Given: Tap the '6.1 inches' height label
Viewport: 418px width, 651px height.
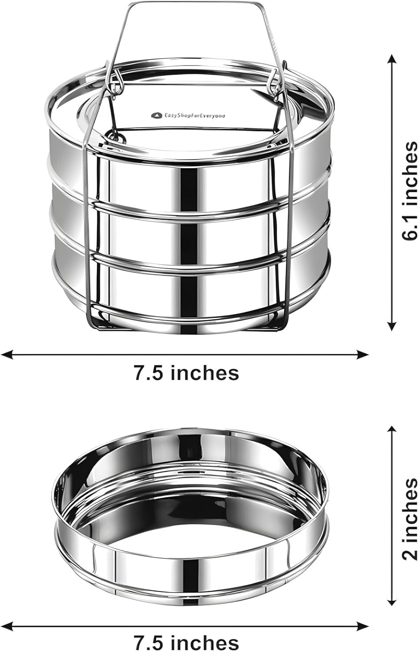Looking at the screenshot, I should tap(409, 191).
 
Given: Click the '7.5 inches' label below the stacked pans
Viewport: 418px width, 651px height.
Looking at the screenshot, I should tap(186, 372).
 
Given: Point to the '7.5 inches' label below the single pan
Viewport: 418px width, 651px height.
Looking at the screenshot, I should tap(186, 642).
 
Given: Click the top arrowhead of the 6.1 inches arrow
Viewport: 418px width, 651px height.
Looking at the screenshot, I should tap(392, 58).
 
